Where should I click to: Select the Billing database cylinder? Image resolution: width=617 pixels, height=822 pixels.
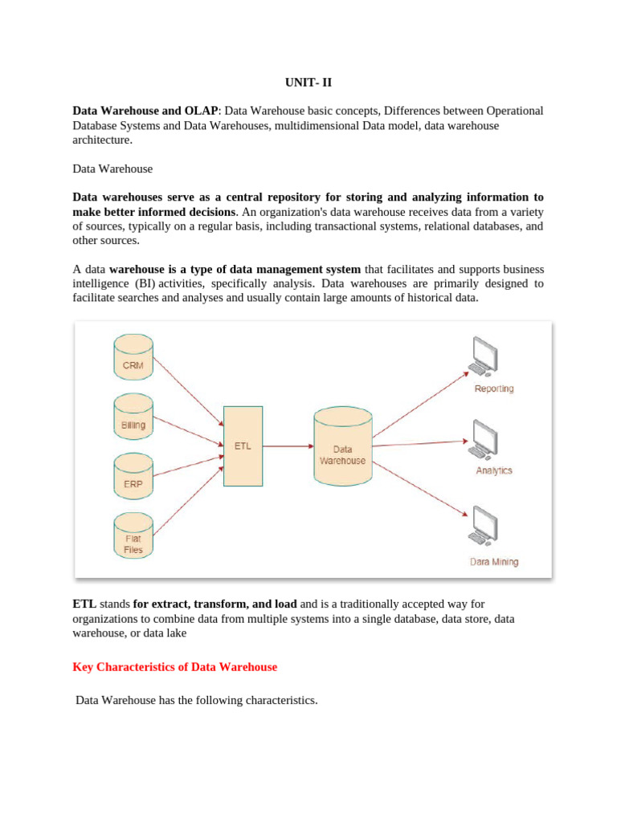click(133, 417)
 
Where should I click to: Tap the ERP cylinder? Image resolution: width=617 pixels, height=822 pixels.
click(133, 478)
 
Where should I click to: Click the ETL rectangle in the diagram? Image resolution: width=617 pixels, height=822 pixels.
click(243, 446)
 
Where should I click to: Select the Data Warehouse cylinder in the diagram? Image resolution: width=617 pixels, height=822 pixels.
click(342, 446)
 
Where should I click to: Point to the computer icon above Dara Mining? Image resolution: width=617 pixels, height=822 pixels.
click(484, 527)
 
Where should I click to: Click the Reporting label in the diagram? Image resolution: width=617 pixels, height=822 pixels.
click(494, 389)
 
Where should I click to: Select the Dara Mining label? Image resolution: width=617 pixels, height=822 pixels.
click(494, 562)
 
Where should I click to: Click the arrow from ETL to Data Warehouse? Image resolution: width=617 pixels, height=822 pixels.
click(288, 446)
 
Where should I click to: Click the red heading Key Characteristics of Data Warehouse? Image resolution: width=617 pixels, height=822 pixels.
click(175, 667)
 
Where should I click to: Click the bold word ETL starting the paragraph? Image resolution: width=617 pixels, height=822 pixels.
click(84, 604)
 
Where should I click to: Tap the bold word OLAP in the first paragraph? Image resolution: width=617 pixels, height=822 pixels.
click(200, 111)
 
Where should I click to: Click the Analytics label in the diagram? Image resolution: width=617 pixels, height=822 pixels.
click(494, 470)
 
